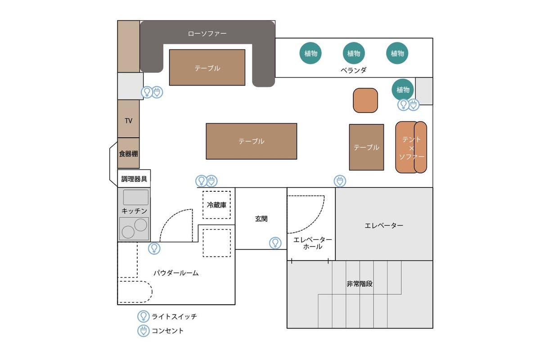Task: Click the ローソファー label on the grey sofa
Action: click(x=207, y=34)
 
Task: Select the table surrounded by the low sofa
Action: click(x=207, y=67)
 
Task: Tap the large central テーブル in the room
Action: click(x=251, y=141)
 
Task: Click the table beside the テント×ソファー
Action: click(x=366, y=147)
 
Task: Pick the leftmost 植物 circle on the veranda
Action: click(x=310, y=53)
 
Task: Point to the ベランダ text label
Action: click(x=353, y=70)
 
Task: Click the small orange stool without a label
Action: click(x=365, y=100)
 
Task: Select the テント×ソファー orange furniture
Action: click(x=410, y=147)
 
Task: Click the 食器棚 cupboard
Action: click(x=128, y=153)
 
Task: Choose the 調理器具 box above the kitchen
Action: click(x=134, y=179)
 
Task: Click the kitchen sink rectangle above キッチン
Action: click(x=135, y=197)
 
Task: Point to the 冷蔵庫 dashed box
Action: click(x=216, y=205)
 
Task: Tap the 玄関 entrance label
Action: click(x=261, y=219)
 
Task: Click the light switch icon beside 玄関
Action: click(x=275, y=243)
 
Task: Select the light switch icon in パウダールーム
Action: click(x=154, y=248)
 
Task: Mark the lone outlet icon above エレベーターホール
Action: click(x=340, y=181)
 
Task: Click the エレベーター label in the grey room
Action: click(x=384, y=225)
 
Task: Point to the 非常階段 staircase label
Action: click(x=360, y=284)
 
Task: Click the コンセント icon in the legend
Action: click(x=143, y=331)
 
